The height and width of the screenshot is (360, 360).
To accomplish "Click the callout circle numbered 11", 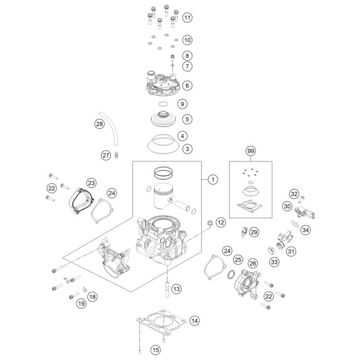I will pos(188,17).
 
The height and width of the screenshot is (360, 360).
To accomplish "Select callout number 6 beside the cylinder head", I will pos(188,86).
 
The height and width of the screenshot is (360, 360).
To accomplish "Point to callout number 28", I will pos(99,125).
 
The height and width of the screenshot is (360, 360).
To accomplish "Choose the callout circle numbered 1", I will pos(212,180).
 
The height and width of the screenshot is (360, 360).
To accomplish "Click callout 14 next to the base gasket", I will pos(194,320).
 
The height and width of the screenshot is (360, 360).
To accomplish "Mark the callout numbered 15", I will pos(156,349).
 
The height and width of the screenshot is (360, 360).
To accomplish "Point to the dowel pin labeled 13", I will pos(168,288).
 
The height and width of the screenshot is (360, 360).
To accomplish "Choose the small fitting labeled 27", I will pos(118,156).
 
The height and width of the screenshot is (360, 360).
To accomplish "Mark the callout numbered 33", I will pos(275,262).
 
